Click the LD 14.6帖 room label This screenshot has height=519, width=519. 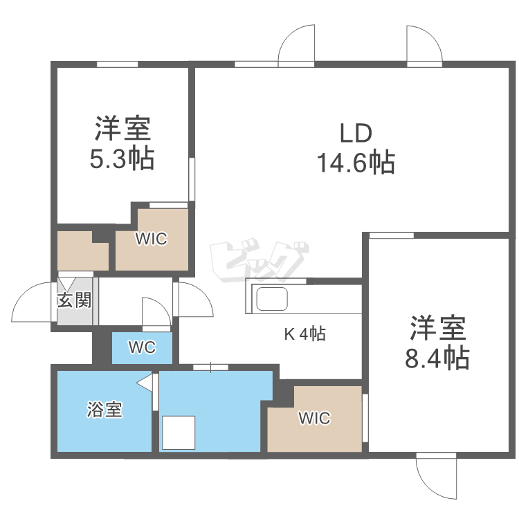click(x=356, y=147)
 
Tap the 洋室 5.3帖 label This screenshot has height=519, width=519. click(x=122, y=143)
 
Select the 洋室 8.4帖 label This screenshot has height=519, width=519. click(x=438, y=343)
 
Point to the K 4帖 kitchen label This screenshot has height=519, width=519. click(x=305, y=334)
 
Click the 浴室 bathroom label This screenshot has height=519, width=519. click(x=104, y=410)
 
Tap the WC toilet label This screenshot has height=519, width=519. click(x=142, y=347)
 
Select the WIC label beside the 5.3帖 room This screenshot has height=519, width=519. click(x=151, y=239)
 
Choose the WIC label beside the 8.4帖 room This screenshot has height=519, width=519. click(x=314, y=419)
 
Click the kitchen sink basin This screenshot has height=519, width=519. click(x=272, y=300)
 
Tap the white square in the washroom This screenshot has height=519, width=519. click(x=179, y=432)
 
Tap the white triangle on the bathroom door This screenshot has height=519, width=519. click(x=145, y=382)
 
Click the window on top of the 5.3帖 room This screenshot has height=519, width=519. click(x=117, y=64)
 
